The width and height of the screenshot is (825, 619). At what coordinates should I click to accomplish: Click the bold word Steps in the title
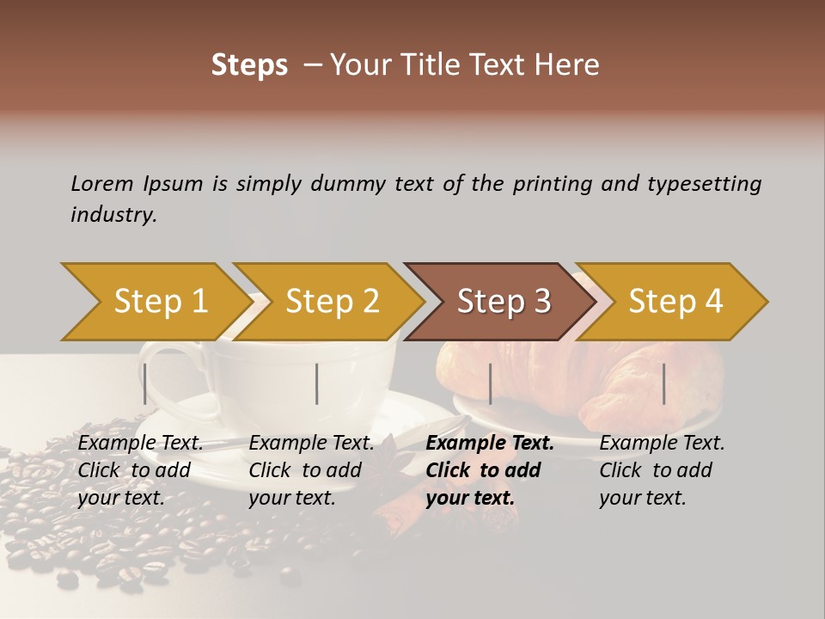click(x=249, y=65)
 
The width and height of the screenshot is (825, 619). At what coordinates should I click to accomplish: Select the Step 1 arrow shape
click(x=155, y=302)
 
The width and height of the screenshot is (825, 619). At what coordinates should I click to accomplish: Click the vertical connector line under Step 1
click(x=145, y=383)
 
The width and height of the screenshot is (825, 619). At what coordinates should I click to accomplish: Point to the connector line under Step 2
click(x=317, y=383)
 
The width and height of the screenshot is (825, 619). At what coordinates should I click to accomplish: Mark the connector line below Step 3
click(x=490, y=383)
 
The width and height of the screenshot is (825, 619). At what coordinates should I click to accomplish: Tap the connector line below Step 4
click(x=663, y=383)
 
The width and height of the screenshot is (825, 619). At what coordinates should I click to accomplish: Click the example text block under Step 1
click(x=140, y=470)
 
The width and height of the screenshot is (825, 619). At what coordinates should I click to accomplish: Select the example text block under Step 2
click(x=311, y=470)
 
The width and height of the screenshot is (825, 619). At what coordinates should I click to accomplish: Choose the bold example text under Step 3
click(x=489, y=470)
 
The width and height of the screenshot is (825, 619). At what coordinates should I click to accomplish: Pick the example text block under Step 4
click(x=662, y=470)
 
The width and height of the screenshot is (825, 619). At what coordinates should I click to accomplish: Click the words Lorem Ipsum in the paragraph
click(x=137, y=183)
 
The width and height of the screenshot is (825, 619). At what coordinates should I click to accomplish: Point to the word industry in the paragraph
click(x=113, y=215)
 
